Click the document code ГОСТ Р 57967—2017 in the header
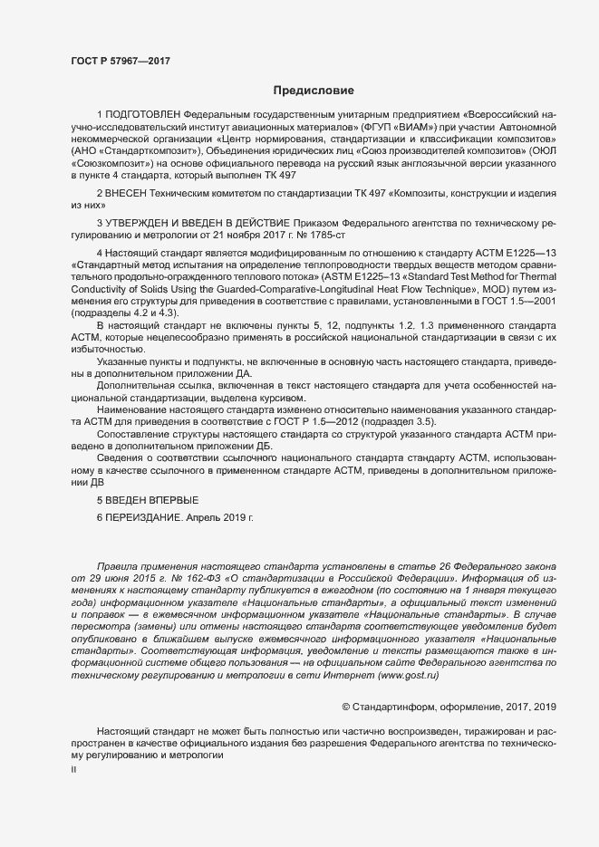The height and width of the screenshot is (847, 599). coord(120,61)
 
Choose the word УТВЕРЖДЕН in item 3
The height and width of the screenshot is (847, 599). coord(140,223)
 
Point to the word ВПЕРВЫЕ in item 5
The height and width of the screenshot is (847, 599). coord(167,500)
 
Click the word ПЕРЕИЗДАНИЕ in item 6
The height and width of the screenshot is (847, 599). coord(146,516)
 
